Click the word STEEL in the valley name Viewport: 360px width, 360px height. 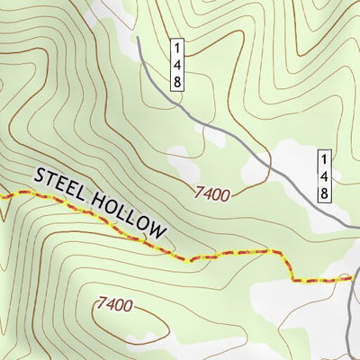(58, 184)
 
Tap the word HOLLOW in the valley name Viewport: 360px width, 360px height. (126, 213)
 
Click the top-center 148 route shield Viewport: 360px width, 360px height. (178, 63)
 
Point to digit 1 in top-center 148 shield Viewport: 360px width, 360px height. (178, 46)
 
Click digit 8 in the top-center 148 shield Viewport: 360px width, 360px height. (178, 80)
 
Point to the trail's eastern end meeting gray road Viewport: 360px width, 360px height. (352, 279)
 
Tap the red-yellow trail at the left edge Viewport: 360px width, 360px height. (3, 193)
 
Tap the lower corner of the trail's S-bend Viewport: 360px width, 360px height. (294, 280)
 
